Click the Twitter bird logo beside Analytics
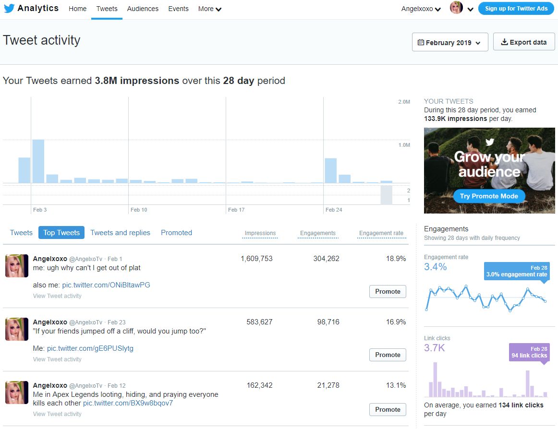point(9,8)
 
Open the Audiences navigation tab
point(143,9)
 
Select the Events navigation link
point(178,9)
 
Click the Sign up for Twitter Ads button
point(516,9)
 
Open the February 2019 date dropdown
point(450,42)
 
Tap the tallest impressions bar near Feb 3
point(38,161)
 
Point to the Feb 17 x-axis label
point(236,210)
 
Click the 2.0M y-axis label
point(404,102)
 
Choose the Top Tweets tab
point(61,233)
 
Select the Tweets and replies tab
point(120,233)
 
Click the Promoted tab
point(177,233)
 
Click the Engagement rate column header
point(381,233)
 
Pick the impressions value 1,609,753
point(256,259)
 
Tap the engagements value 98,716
point(328,322)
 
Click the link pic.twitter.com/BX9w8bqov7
point(128,403)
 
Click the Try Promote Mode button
point(489,196)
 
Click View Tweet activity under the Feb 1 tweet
point(57,296)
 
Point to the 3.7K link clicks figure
point(434,347)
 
